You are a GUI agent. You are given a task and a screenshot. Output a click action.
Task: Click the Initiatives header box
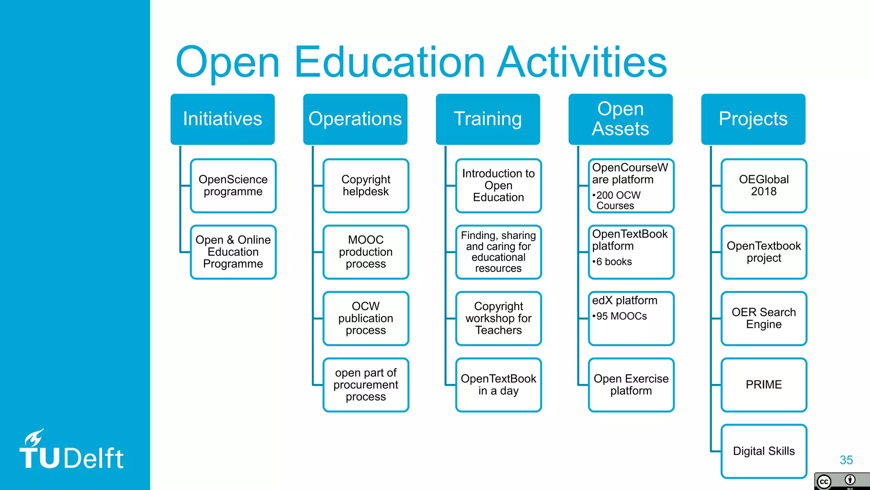point(223,119)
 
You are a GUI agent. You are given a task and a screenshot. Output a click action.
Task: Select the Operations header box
point(355,119)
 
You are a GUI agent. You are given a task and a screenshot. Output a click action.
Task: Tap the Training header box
point(488,119)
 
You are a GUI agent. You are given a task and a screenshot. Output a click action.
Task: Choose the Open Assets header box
point(620,119)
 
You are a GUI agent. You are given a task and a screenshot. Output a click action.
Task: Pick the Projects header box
point(753,119)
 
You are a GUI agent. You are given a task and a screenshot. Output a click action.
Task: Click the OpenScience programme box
point(233,185)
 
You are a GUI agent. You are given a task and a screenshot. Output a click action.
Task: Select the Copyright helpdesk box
point(366,185)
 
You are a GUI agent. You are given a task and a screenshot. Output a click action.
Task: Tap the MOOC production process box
point(366,252)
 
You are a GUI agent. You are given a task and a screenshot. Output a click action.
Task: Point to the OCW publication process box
point(366,318)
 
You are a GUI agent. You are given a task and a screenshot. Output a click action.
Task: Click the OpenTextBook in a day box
point(498,385)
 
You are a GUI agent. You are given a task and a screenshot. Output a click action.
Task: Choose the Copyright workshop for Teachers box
point(498,318)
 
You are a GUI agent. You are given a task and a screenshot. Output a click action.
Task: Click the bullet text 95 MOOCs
point(621,316)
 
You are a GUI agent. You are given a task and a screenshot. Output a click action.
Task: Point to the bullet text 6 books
point(613,262)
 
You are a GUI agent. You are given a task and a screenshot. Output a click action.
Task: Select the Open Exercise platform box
point(631,385)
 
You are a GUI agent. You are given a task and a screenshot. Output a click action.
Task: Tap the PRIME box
point(763,385)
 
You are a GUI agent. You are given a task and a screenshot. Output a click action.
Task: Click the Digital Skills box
point(763,451)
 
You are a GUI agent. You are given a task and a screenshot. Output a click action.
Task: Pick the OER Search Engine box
point(763,318)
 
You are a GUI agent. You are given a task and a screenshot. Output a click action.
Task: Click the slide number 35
point(846,460)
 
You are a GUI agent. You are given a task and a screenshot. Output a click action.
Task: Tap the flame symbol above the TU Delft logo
point(34,437)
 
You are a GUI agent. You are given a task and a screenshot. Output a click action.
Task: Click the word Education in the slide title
point(389,63)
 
